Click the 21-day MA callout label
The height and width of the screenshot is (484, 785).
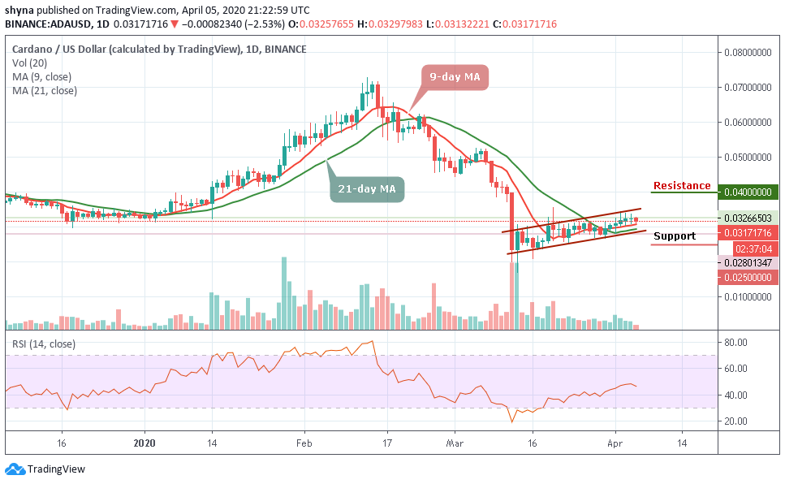(x=366, y=189)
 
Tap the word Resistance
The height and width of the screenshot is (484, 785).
(x=682, y=186)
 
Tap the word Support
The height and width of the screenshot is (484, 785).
(x=675, y=236)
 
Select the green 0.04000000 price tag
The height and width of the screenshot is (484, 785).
(x=748, y=192)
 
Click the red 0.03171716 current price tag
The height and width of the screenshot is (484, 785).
(x=748, y=233)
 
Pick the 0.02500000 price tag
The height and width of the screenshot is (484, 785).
(x=748, y=278)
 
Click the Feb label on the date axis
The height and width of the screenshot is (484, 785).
(x=304, y=444)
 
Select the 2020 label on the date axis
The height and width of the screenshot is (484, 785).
(x=144, y=444)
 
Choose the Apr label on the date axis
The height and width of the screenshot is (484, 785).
(x=615, y=444)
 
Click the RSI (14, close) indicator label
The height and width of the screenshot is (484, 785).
(x=44, y=344)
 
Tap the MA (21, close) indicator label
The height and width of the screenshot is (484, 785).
(x=45, y=91)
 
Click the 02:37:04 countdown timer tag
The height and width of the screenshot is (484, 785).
(x=748, y=248)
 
